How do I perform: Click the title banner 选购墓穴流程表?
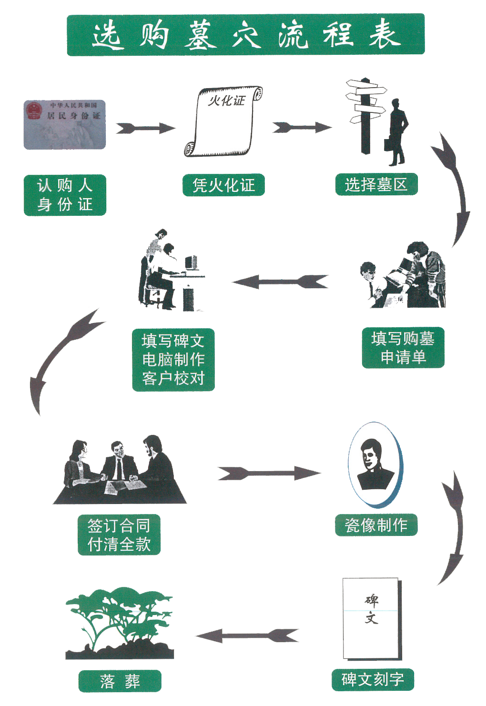pos(245,35)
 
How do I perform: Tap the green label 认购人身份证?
pos(65,195)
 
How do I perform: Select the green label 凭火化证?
pos(223,185)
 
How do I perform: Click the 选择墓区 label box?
pos(376,184)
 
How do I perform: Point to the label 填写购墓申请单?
pos(403,347)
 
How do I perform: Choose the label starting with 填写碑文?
pos(173,360)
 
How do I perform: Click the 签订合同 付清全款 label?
pos(119,535)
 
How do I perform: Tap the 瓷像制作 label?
pos(376,525)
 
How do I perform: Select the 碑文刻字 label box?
pos(373,679)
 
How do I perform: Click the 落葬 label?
pos(120,681)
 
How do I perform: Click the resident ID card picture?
pos(65,125)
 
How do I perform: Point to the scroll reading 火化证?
pos(223,121)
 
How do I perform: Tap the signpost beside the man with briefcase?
pos(366,114)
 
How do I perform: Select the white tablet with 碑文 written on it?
pos(372,618)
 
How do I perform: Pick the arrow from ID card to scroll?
pos(145,128)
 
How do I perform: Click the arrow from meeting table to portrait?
pos(269,473)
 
